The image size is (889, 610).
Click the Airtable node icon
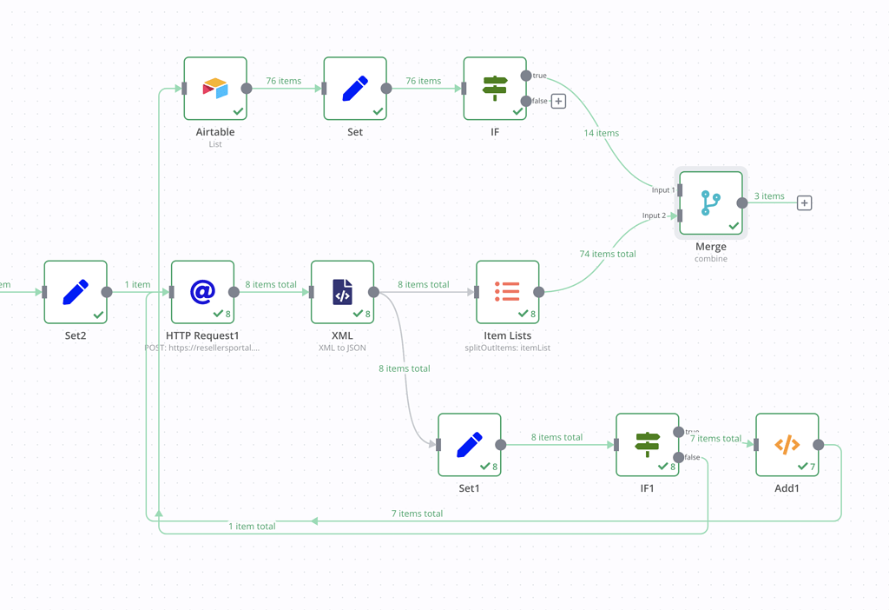pyautogui.click(x=215, y=89)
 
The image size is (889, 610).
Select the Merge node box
pyautogui.click(x=711, y=203)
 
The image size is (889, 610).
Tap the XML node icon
pyautogui.click(x=342, y=292)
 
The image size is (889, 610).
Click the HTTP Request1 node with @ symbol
pyautogui.click(x=202, y=292)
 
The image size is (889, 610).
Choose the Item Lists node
pyautogui.click(x=507, y=292)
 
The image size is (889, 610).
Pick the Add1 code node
pyautogui.click(x=787, y=445)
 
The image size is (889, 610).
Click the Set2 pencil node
pyautogui.click(x=76, y=292)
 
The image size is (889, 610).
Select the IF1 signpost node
pyautogui.click(x=647, y=445)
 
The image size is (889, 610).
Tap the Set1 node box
pyautogui.click(x=469, y=445)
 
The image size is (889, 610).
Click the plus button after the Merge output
pyautogui.click(x=805, y=203)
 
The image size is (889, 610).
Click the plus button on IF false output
pyautogui.click(x=558, y=102)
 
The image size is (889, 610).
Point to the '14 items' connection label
pyautogui.click(x=601, y=133)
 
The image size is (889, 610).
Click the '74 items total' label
pyautogui.click(x=608, y=254)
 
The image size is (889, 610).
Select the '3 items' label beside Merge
pyautogui.click(x=768, y=196)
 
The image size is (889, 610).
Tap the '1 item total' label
pyautogui.click(x=252, y=527)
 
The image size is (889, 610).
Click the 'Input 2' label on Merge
pyautogui.click(x=654, y=215)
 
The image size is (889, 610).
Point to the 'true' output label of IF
pyautogui.click(x=539, y=76)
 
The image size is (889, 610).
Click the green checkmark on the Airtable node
pyautogui.click(x=237, y=111)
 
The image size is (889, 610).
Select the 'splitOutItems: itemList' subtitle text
pyautogui.click(x=507, y=348)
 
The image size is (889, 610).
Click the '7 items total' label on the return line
pyautogui.click(x=417, y=514)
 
